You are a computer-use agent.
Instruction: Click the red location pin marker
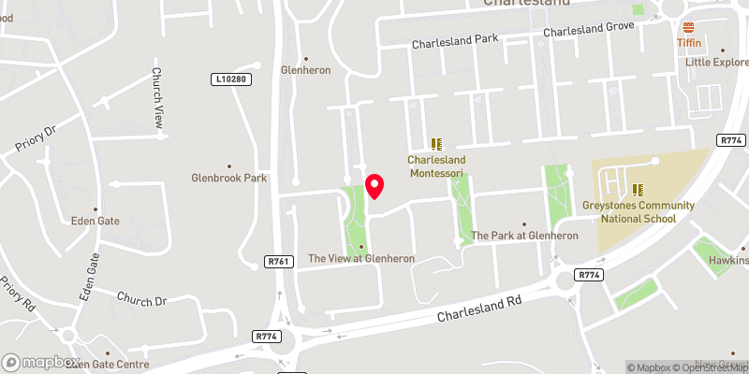[374, 186]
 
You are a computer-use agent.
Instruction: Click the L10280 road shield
[229, 79]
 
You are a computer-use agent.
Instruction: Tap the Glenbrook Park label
[228, 178]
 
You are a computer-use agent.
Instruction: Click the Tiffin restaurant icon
[690, 26]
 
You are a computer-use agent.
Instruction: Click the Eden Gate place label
[95, 222]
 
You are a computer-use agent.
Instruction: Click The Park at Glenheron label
[524, 236]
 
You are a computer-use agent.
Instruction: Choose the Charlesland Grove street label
[589, 31]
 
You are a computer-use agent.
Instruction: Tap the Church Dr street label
[141, 300]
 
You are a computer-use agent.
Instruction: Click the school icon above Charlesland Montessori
[436, 143]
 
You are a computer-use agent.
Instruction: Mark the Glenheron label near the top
[306, 70]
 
